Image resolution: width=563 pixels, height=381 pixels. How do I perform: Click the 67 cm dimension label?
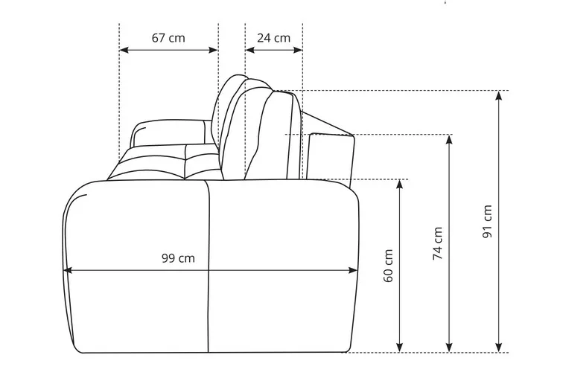(x=168, y=38)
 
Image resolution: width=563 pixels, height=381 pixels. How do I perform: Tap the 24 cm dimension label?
(x=273, y=38)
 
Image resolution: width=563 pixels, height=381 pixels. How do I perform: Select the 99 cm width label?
(x=178, y=258)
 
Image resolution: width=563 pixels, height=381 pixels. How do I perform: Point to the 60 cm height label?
(x=388, y=266)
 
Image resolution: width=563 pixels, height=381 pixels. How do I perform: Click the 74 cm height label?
(x=437, y=243)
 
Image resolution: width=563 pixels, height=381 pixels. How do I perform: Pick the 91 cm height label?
(x=487, y=221)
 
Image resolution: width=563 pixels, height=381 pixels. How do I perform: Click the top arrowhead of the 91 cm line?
(x=498, y=95)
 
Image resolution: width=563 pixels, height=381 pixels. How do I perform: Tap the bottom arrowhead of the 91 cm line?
(x=498, y=348)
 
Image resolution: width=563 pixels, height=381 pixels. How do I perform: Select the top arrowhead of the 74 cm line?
(x=449, y=140)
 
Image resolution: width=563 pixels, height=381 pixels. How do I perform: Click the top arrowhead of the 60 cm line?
(x=399, y=184)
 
